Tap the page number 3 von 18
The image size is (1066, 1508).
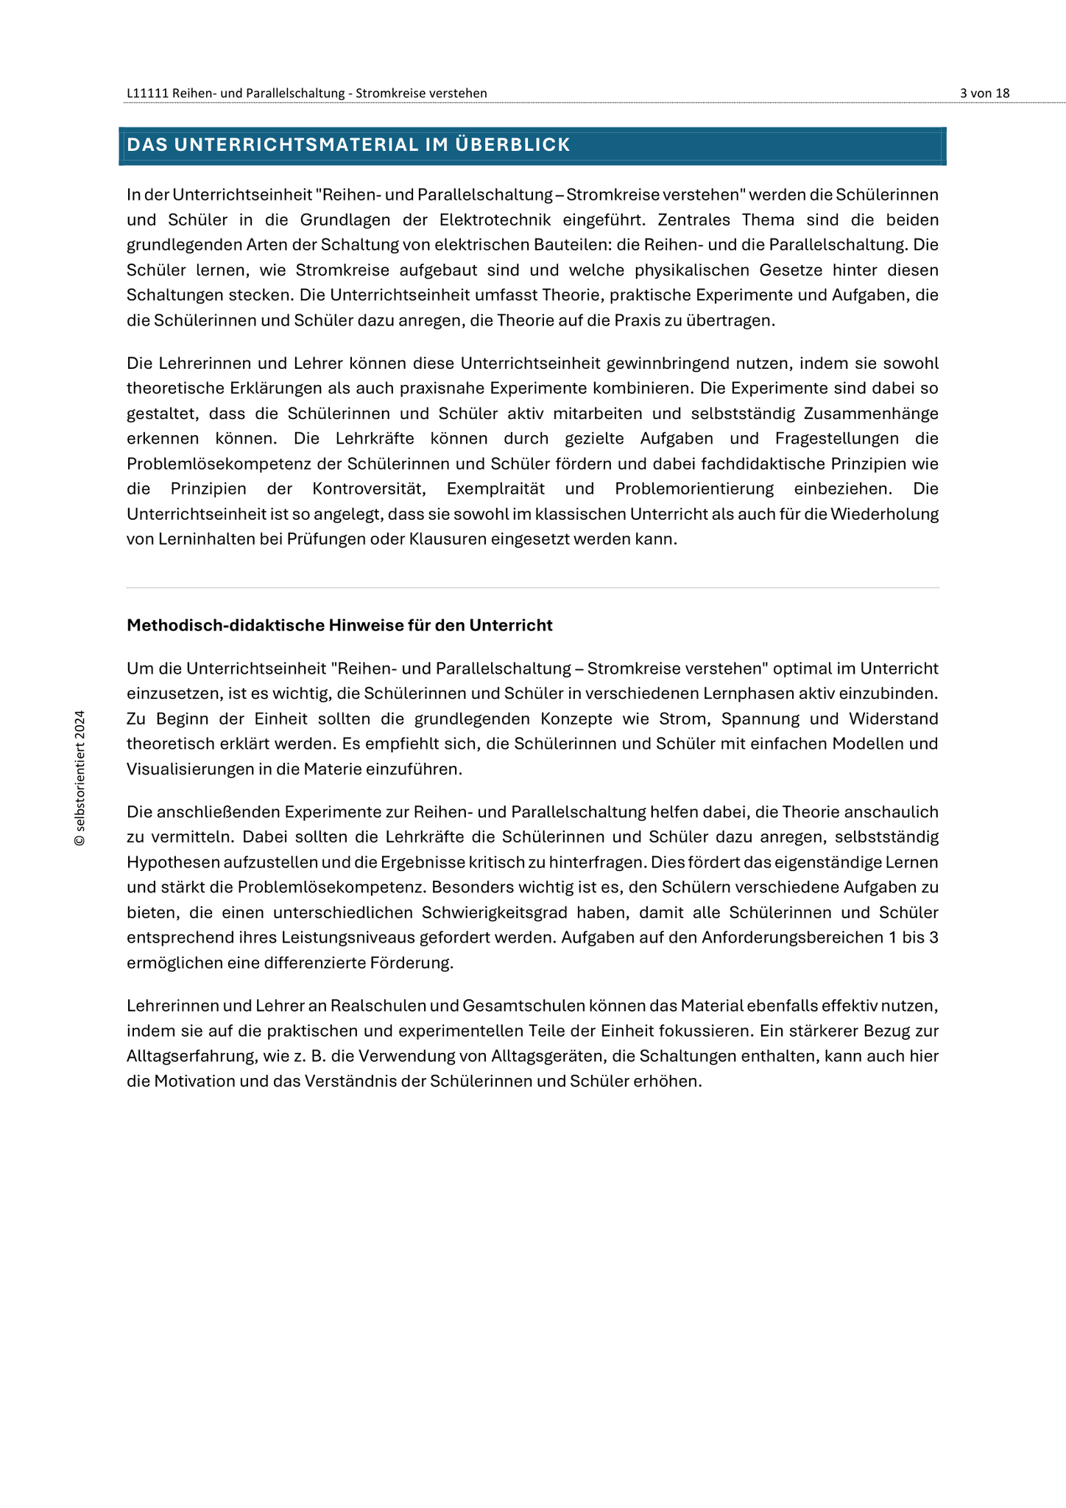pyautogui.click(x=984, y=93)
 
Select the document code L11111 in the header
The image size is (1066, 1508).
pyautogui.click(x=147, y=93)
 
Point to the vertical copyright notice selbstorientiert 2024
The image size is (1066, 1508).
pyautogui.click(x=80, y=778)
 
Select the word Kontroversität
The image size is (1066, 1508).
pyautogui.click(x=369, y=488)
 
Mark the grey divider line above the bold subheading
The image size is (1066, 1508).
pyautogui.click(x=533, y=588)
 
